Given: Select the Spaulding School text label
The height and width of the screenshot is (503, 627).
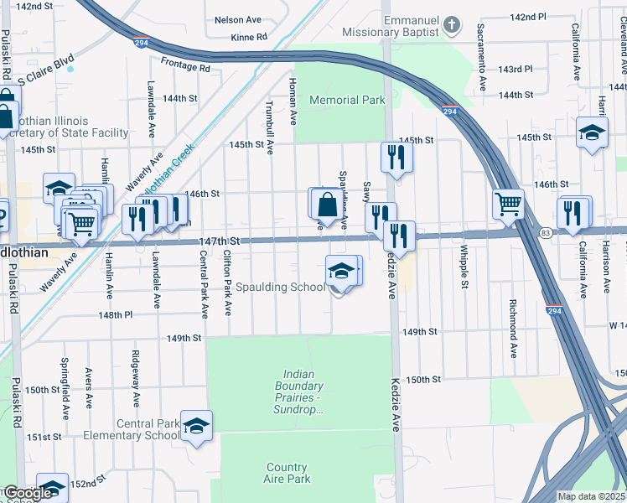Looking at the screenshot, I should coord(281,288).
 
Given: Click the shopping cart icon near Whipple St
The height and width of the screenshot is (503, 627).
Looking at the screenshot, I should coord(509,203).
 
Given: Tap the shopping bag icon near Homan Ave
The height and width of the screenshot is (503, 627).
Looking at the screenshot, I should coord(326,204).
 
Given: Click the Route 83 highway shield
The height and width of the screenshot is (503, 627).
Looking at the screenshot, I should coord(546,232).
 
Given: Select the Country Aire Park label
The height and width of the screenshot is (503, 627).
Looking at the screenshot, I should coord(288,473).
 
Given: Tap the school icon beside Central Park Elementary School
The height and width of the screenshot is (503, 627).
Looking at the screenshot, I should coord(196,427).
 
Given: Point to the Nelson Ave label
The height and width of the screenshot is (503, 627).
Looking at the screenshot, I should coord(238,19).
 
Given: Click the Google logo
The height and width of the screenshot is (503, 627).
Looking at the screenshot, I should coord(27,493).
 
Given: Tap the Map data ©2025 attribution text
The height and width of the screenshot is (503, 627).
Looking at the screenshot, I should coord(590,496).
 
